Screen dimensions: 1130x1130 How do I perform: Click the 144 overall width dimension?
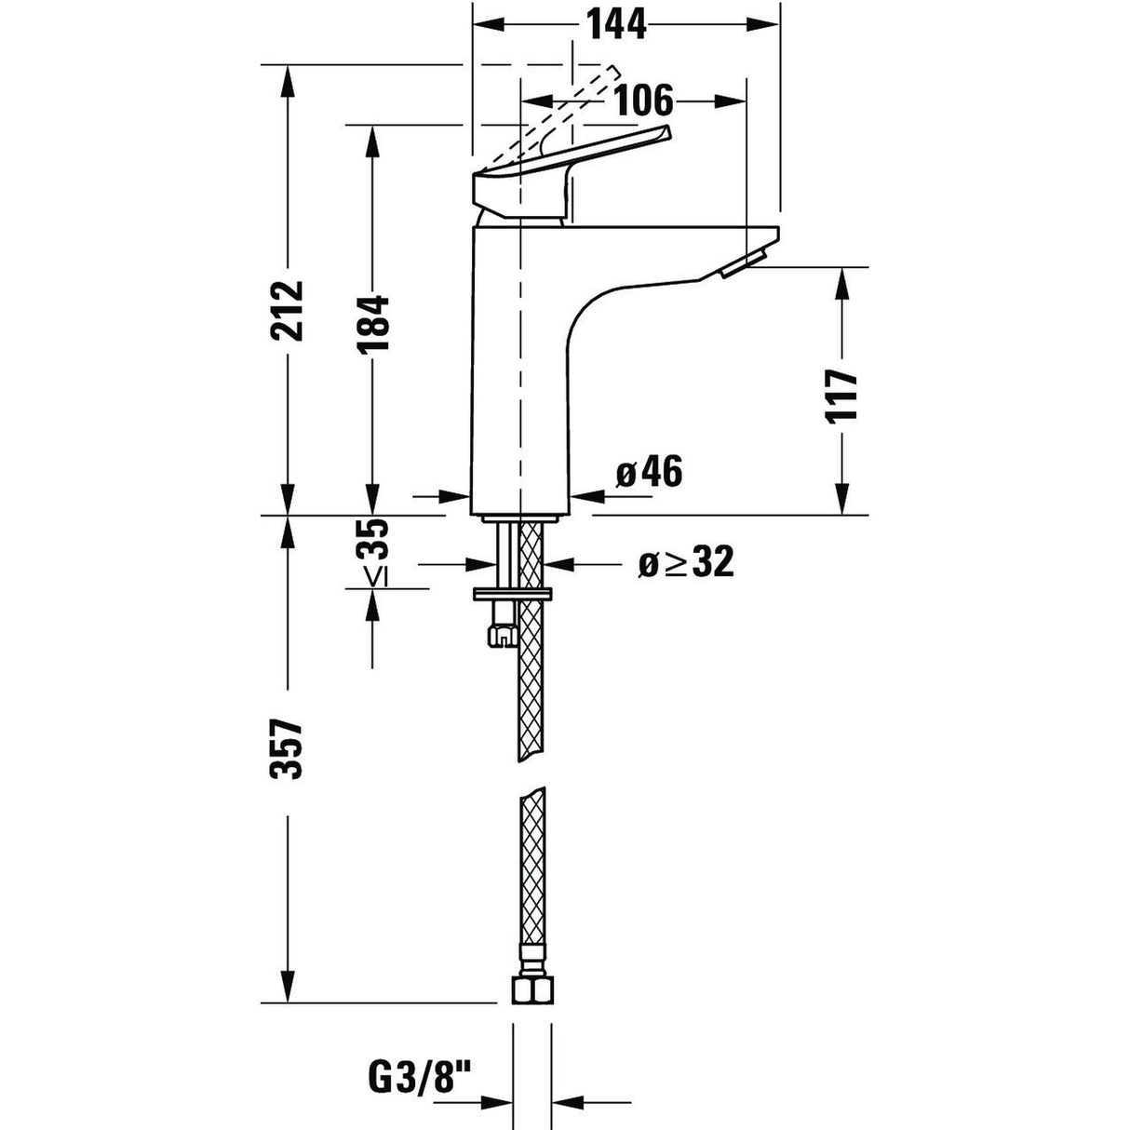coord(615,24)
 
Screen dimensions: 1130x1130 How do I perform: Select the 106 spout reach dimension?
coord(642,99)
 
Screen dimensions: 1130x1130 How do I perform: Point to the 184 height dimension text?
coord(372,324)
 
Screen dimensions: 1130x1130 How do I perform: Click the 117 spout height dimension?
coord(841,396)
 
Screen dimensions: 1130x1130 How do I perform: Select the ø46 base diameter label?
coord(650,473)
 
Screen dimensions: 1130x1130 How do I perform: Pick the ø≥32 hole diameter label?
coord(686,562)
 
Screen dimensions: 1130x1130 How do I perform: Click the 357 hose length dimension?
coord(289,749)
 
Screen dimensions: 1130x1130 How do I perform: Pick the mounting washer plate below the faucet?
coord(513,595)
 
